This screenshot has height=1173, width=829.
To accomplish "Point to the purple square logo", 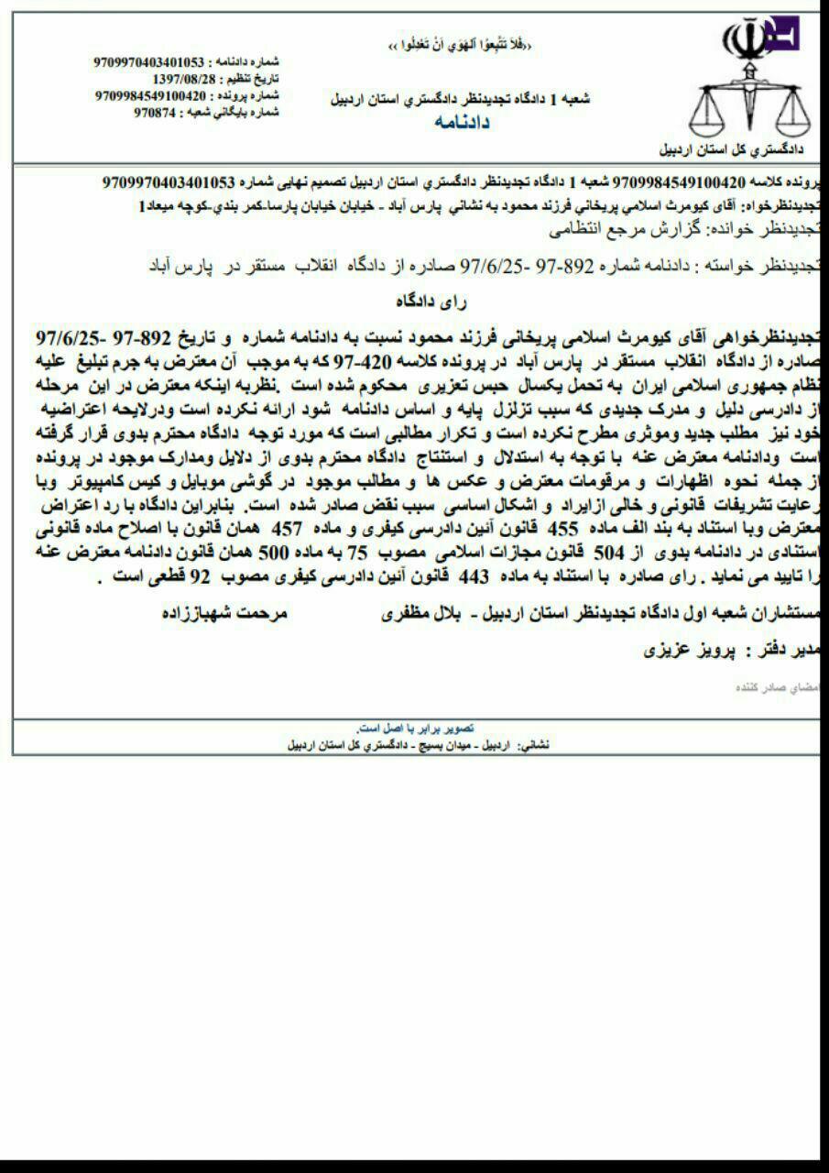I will tap(784, 34).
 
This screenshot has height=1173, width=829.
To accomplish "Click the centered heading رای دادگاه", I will tap(427, 301).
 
